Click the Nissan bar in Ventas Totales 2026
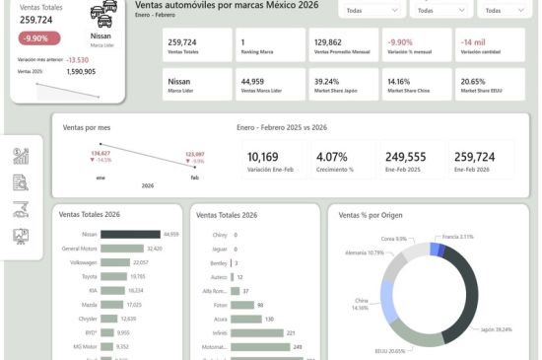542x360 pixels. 130,235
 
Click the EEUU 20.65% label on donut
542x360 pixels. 392,351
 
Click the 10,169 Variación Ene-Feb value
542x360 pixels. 263,157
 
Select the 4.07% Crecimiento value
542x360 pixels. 329,157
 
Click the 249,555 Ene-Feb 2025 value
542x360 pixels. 404,157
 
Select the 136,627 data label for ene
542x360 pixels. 101,153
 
